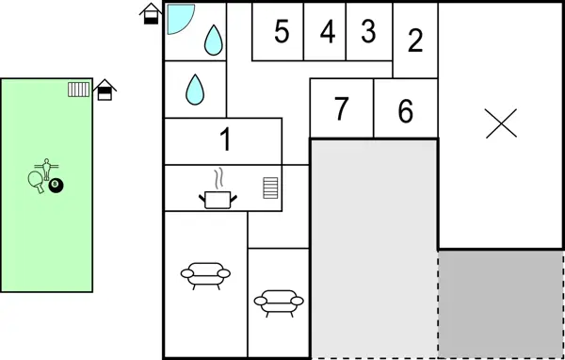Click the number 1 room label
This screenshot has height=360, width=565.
(x=225, y=140)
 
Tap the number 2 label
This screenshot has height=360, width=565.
(x=415, y=41)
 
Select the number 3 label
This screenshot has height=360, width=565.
(x=368, y=31)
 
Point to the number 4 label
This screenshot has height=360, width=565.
(x=327, y=31)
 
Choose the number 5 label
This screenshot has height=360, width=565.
(x=281, y=31)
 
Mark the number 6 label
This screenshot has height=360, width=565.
(x=405, y=111)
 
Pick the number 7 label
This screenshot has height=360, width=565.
(x=341, y=109)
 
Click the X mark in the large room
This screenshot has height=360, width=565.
(x=501, y=123)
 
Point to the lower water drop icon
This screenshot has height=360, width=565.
(x=195, y=89)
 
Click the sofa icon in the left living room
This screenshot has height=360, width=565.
(x=205, y=275)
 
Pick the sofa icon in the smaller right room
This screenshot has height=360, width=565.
(x=279, y=302)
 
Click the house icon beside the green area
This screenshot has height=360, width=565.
(x=105, y=90)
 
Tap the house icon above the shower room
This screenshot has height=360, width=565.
(x=150, y=14)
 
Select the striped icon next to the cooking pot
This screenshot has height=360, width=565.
(x=271, y=187)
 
